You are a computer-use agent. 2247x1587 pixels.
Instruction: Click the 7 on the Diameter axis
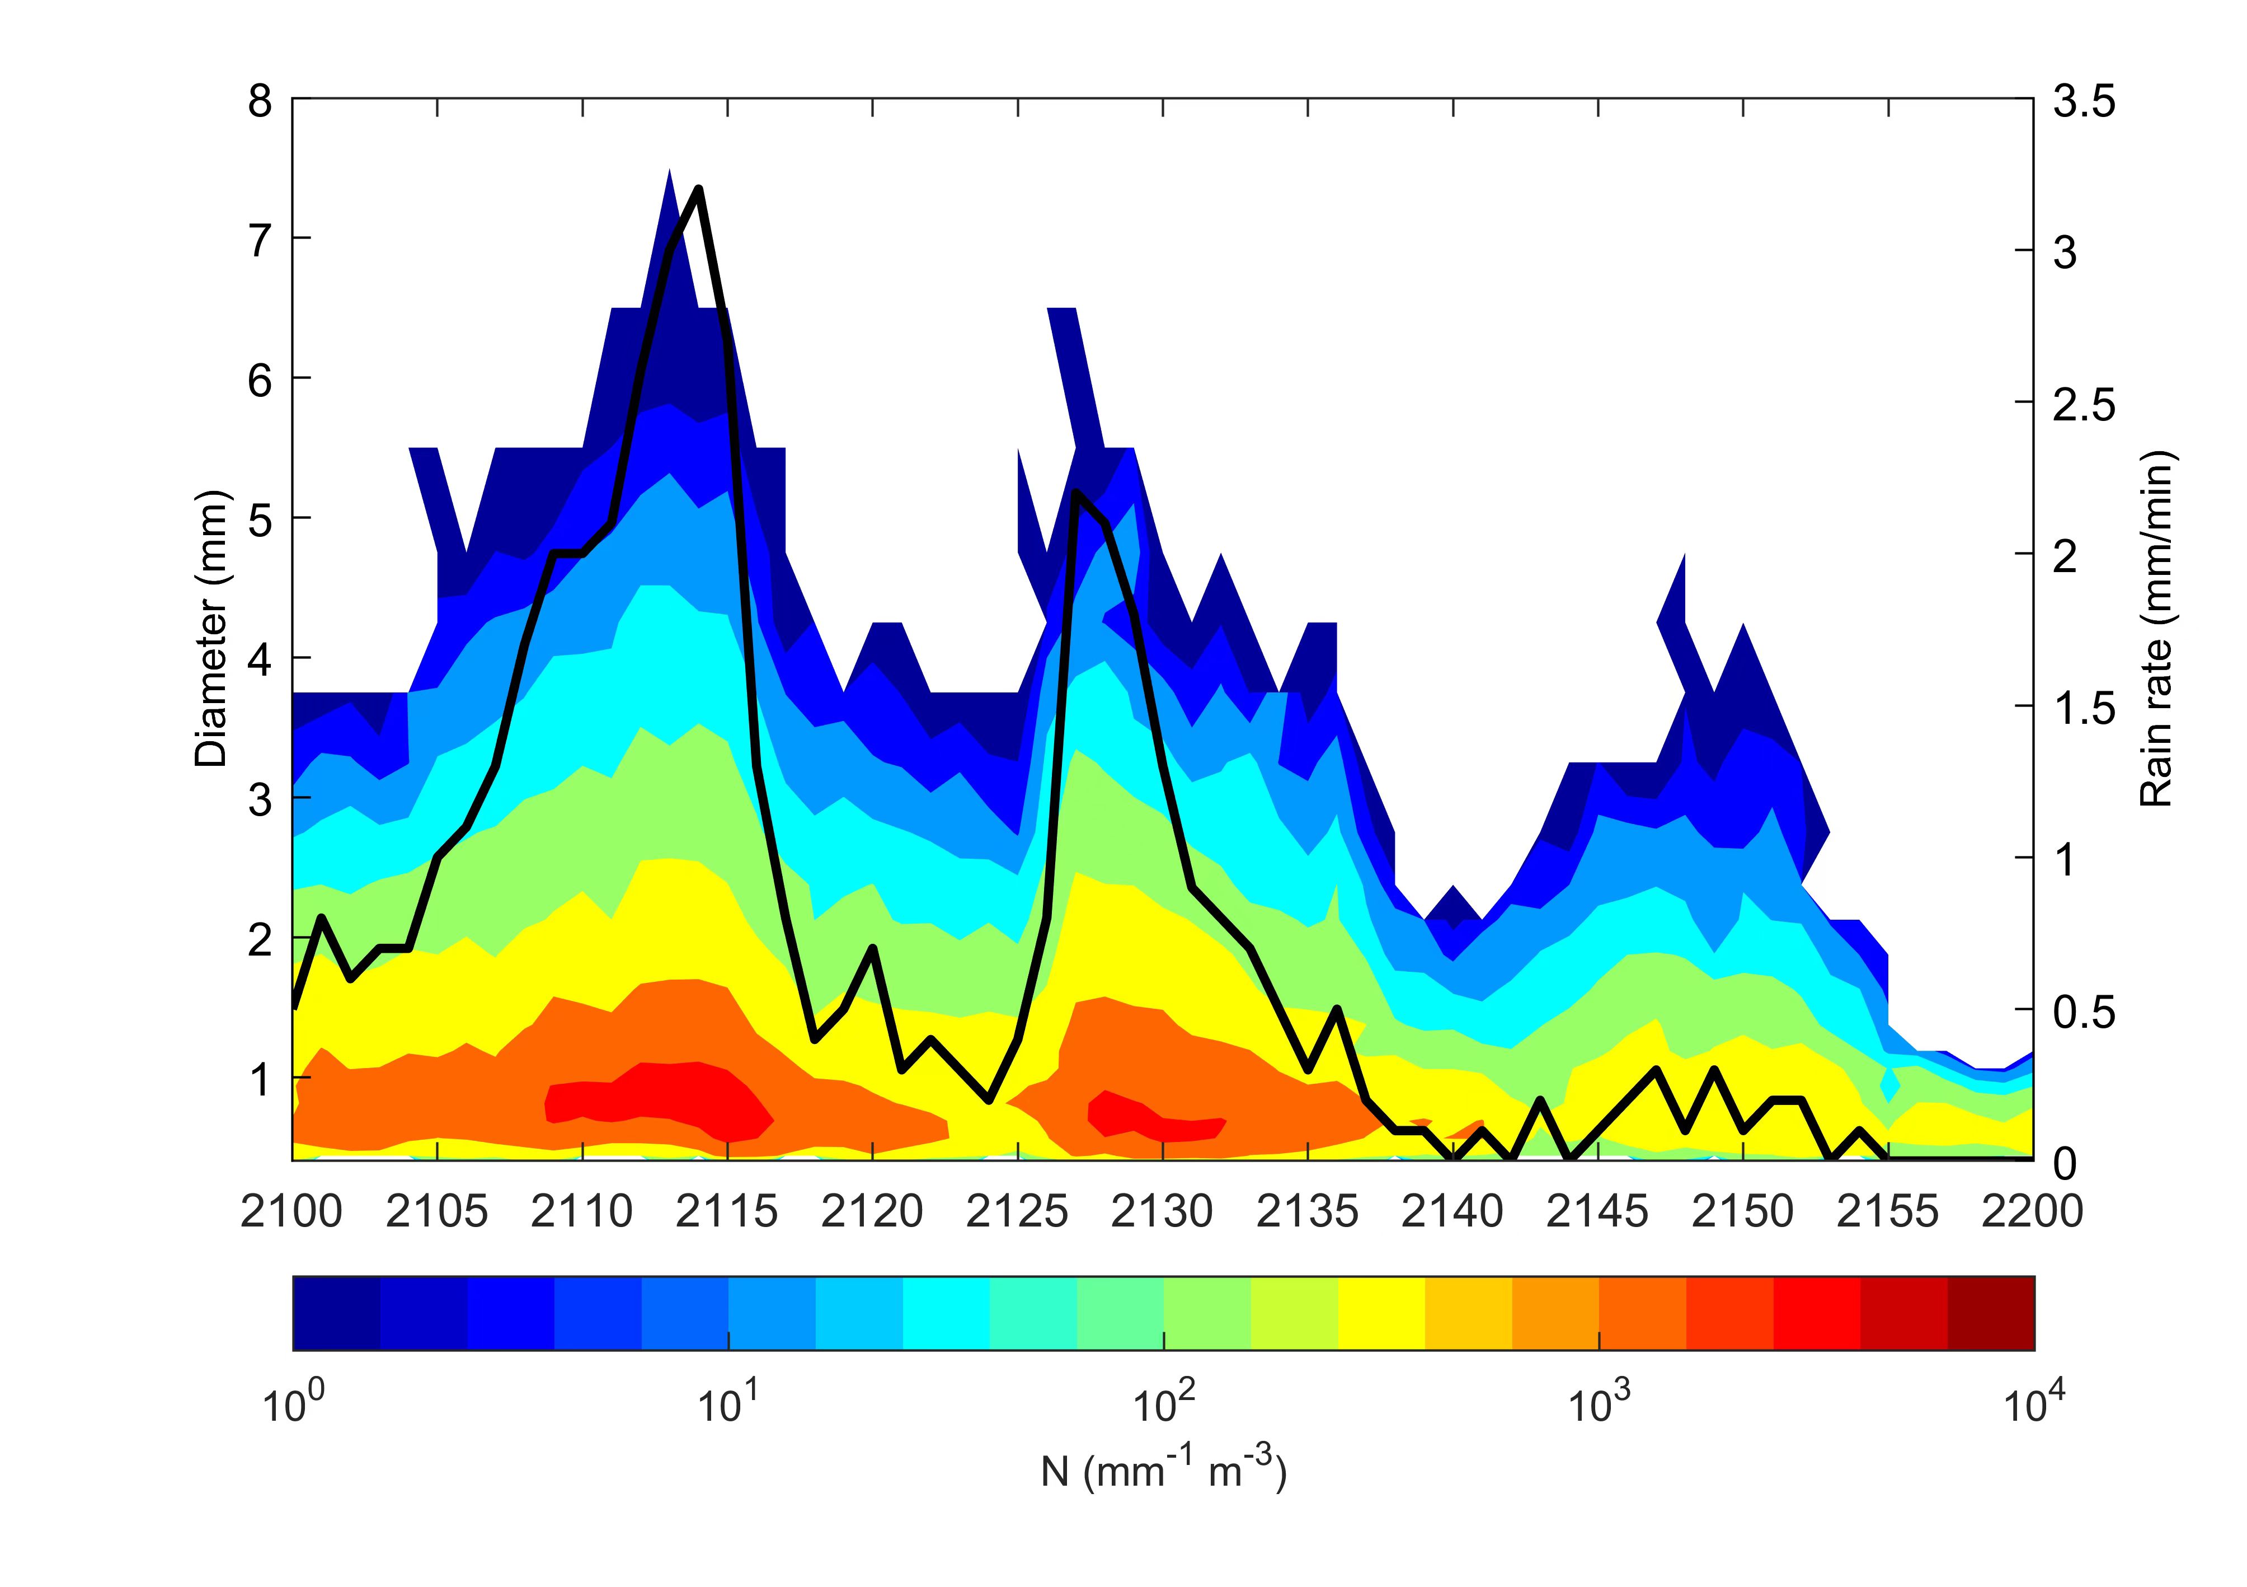pos(260,240)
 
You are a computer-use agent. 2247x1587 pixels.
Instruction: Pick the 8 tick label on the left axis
pos(260,100)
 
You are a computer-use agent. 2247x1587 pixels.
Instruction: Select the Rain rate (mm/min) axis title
pos(2155,629)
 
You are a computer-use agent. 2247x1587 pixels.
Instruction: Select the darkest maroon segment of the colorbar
pos(1991,1313)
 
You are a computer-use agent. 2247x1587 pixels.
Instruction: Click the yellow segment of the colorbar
pos(1381,1313)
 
